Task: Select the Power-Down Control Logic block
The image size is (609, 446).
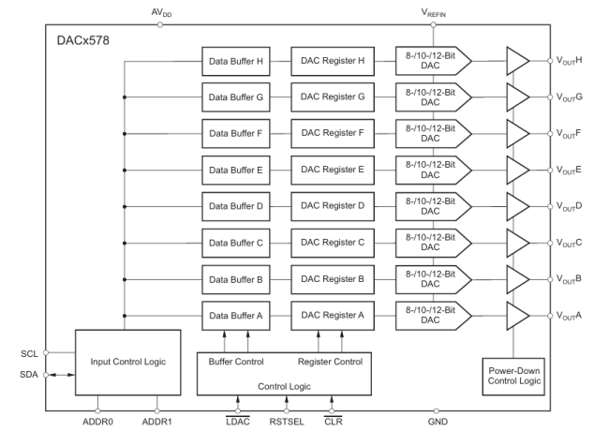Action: tap(513, 376)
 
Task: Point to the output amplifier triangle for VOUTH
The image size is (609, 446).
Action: tap(517, 61)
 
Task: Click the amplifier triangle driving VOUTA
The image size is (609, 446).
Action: tap(517, 316)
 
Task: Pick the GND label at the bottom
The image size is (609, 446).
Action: tap(437, 423)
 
